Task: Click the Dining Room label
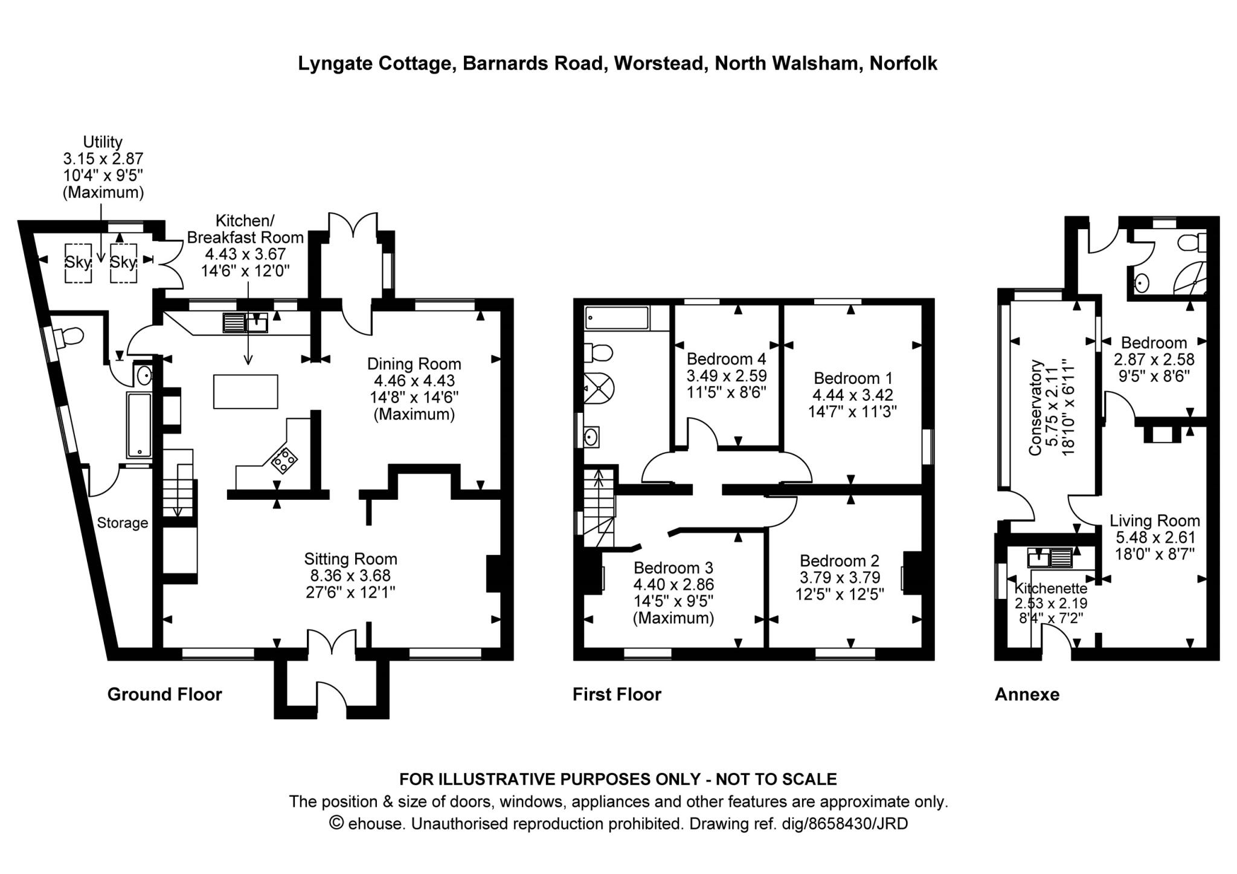pos(414,364)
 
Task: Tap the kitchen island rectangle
pos(245,392)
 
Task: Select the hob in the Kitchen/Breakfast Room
pos(284,461)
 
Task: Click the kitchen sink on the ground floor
pos(245,323)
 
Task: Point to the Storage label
pos(123,523)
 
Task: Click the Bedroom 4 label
pos(726,358)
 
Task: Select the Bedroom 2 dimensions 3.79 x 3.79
pos(840,577)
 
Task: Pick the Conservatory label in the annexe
pos(1035,407)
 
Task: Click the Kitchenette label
pos(1050,588)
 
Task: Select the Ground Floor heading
pos(164,694)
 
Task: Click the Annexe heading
pos(1027,694)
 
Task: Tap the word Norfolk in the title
pos(903,63)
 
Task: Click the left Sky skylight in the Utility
pos(78,262)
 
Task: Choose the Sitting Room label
pos(350,558)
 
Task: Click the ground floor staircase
pos(178,484)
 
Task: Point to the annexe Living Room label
pos(1154,520)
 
